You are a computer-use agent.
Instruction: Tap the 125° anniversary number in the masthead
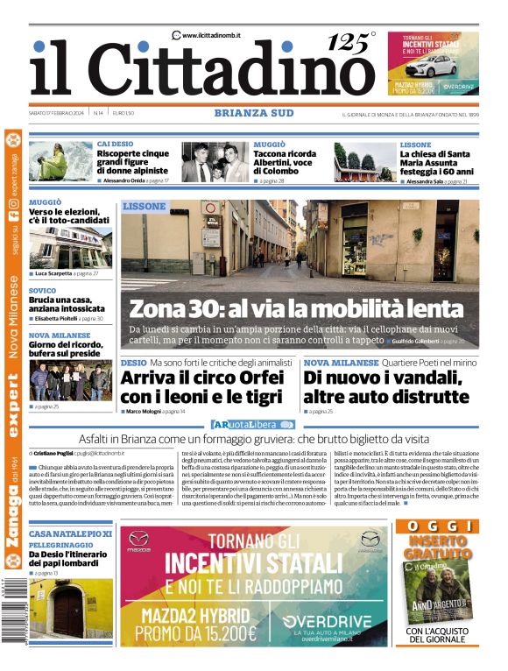[x=348, y=42]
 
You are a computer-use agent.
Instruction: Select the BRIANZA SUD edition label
[x=253, y=113]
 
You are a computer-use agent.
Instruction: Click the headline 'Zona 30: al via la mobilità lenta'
[x=296, y=308]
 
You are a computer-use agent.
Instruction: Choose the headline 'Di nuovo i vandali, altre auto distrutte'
[x=383, y=386]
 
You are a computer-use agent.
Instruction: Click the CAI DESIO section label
[x=115, y=144]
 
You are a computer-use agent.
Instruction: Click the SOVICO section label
[x=42, y=290]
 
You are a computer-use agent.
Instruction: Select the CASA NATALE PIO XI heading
[x=70, y=533]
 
